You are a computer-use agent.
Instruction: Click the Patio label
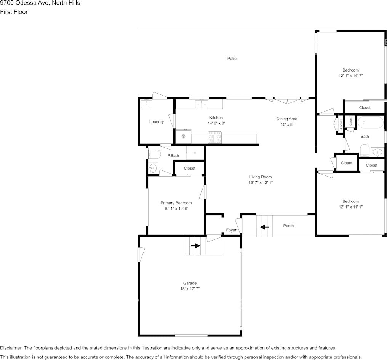point(232,59)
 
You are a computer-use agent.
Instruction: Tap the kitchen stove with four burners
point(215,137)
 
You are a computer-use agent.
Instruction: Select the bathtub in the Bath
point(371,122)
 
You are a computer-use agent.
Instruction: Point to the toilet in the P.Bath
point(154,154)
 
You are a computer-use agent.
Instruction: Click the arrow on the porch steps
point(265,227)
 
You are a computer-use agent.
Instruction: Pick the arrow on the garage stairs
point(195,245)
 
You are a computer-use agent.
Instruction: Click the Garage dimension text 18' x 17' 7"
point(190,288)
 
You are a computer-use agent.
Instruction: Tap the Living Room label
point(261,177)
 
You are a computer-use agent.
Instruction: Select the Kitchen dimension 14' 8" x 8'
point(216,123)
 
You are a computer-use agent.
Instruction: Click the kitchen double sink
point(201,104)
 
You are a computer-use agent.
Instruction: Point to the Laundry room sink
point(146,104)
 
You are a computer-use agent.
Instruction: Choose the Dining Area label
point(287,119)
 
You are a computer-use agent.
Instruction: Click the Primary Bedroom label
point(176,203)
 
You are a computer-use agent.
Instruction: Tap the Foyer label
point(231,230)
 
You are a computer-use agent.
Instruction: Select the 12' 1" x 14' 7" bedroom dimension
point(351,76)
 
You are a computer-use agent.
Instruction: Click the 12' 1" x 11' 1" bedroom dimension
point(351,207)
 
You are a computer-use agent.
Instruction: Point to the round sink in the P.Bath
point(153,169)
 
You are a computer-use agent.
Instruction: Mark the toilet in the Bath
point(365,150)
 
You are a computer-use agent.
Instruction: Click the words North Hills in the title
point(66,3)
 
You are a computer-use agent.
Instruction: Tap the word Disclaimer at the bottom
point(11,348)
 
